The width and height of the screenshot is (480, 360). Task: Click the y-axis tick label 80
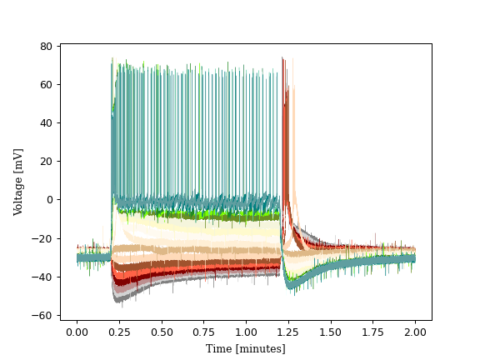tap(47, 46)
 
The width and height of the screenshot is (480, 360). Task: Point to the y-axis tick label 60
tap(47, 84)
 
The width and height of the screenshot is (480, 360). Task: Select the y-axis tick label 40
tap(47, 122)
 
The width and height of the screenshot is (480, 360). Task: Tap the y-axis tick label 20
tap(47, 161)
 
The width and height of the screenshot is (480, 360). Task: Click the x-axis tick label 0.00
tap(77, 332)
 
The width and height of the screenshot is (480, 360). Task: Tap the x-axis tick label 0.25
tap(119, 332)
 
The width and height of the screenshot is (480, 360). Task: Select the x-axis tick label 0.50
tap(162, 332)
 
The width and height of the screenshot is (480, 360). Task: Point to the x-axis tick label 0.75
tap(203, 332)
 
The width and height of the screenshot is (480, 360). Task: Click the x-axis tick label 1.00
tap(246, 332)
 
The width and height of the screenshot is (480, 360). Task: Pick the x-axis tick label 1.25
tap(288, 332)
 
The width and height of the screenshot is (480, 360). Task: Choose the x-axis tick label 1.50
tap(331, 332)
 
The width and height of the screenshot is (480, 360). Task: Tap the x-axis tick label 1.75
tap(372, 332)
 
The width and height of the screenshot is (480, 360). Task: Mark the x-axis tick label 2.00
tap(415, 332)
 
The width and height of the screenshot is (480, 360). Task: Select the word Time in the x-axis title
tap(219, 348)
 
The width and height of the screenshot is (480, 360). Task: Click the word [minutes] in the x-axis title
tap(260, 348)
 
